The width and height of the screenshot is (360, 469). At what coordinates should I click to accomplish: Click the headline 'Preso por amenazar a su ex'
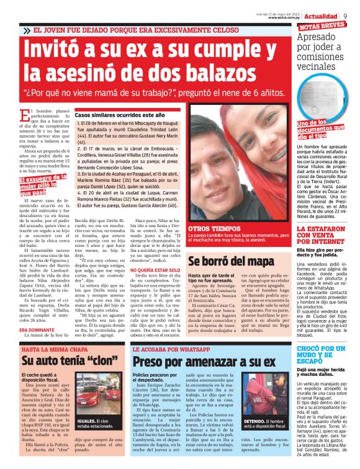point(204,362)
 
